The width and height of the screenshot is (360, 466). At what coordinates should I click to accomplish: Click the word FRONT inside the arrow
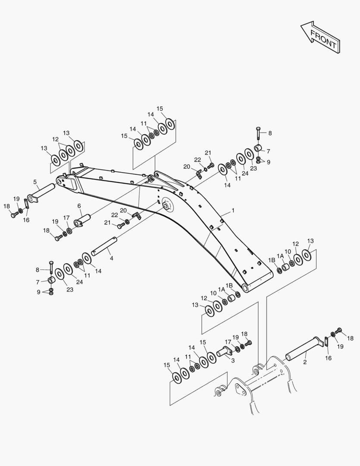point(324,39)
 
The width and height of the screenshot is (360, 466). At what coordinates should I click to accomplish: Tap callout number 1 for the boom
point(233,211)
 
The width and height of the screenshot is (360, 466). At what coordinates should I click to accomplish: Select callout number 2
point(305,362)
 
